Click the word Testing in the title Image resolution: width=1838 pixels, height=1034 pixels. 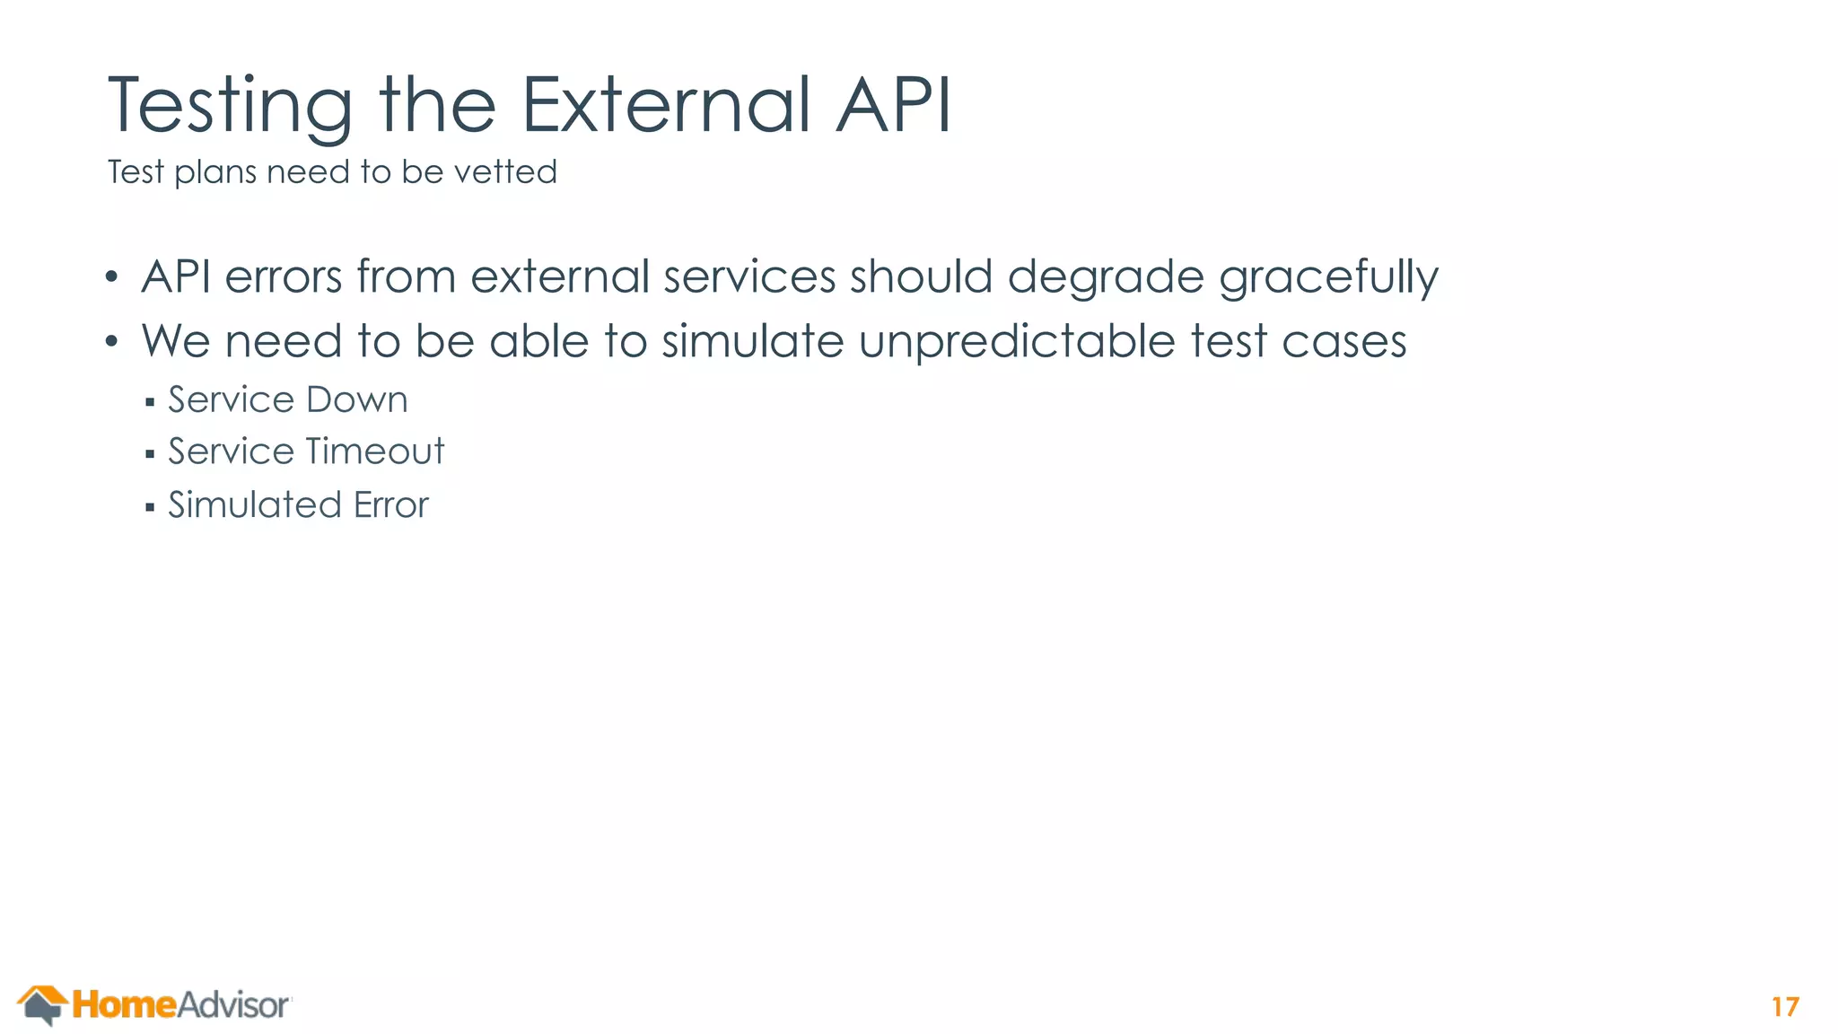tap(230, 106)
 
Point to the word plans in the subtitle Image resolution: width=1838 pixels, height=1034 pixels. tap(215, 173)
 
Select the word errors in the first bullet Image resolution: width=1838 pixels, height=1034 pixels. tap(284, 276)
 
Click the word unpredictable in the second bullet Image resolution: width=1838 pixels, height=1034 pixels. tap(1017, 342)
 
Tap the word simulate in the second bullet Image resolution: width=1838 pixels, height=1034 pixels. tap(752, 342)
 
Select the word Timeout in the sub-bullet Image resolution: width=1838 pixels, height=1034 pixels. tap(376, 451)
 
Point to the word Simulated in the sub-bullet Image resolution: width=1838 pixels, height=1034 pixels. tap(254, 504)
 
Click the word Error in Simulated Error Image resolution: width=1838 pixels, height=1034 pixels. tap(391, 505)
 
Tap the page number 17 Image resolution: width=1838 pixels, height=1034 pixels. tap(1785, 1007)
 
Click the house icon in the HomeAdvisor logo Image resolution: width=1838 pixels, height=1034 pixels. tap(41, 1004)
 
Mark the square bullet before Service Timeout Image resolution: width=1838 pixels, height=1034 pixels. tap(150, 454)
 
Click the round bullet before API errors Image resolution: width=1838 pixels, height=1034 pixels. tap(110, 277)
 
